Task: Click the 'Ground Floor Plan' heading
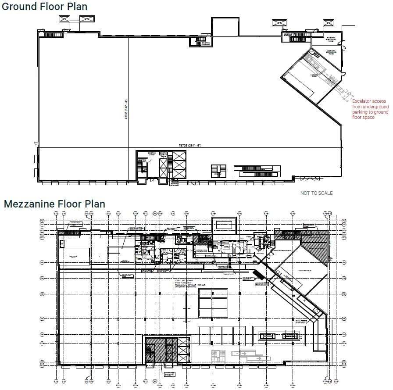pos(44,7)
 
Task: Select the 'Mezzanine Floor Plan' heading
pos(54,204)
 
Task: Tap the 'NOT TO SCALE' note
pos(316,193)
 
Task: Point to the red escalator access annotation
pos(370,109)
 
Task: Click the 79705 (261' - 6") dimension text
pos(189,145)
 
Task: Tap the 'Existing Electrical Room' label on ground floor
pos(330,39)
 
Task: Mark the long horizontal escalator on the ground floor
pos(257,171)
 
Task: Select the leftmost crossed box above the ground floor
pos(64,19)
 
